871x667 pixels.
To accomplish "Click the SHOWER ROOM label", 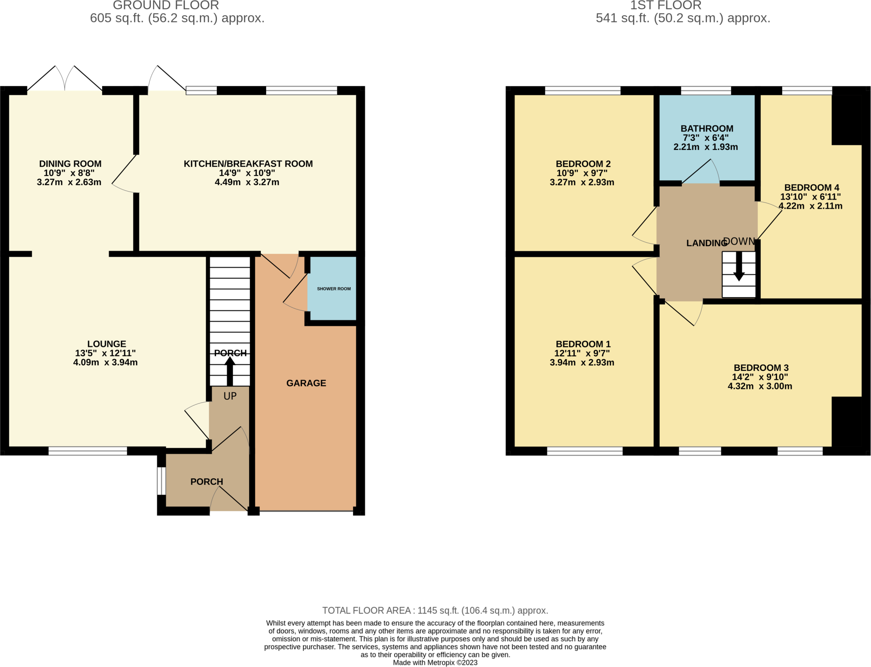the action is click(334, 289).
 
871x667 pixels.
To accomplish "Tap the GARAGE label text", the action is click(306, 383).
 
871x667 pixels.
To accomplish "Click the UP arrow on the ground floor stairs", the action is click(230, 371).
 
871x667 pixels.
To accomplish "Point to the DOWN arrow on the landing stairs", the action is click(739, 266).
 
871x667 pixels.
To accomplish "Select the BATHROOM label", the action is click(707, 129).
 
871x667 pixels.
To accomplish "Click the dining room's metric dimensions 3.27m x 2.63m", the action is click(69, 182).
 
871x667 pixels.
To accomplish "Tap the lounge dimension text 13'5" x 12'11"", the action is click(105, 353).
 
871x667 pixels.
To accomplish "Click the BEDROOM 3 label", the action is click(761, 368).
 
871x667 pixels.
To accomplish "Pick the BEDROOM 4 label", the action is click(811, 187).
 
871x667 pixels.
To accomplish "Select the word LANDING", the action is click(706, 243).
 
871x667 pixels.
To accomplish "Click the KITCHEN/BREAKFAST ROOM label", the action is click(248, 164).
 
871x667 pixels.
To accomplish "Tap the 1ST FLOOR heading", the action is click(666, 5).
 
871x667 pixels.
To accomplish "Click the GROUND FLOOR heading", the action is click(166, 5).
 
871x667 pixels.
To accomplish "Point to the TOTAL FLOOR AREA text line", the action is click(435, 610).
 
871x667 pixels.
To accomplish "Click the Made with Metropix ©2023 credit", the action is click(435, 663).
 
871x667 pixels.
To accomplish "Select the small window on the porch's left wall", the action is click(161, 481).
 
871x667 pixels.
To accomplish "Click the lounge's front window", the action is click(88, 451).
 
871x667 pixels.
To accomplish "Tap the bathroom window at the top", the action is click(706, 90).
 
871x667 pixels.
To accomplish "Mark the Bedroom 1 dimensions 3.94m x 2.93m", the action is click(582, 363).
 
